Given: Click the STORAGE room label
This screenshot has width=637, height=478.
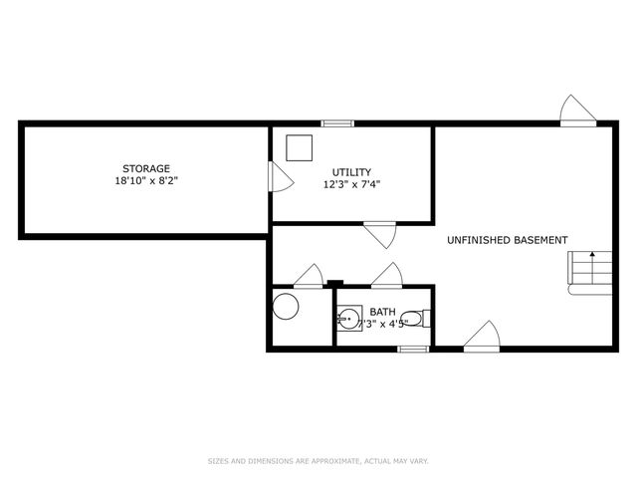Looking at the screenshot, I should point(146,168).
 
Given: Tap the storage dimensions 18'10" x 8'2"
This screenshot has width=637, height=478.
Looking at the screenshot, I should point(146,182).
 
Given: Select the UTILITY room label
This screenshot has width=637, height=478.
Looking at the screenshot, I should point(352,172).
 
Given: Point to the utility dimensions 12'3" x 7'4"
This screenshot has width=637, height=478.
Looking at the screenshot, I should point(352,185).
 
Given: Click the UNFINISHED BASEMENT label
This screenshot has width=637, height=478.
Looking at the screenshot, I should point(508,240).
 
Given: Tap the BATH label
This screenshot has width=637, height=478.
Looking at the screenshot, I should point(382,312).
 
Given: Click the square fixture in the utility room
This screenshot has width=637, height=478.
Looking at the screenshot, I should point(298,147).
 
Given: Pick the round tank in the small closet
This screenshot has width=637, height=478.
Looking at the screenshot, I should point(287,306).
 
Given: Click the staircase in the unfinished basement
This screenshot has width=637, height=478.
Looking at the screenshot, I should point(586,272).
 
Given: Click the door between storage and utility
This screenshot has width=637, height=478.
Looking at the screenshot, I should point(280,178).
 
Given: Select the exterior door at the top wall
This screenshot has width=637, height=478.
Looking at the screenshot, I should point(574,111).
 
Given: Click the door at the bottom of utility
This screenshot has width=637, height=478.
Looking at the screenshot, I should point(379,235).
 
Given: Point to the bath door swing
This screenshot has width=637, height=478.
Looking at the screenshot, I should point(386,275).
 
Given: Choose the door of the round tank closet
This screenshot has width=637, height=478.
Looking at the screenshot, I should point(309,276).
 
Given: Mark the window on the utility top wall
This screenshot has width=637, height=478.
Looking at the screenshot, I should point(337,123).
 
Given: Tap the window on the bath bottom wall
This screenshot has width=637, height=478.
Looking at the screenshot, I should point(412,349).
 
